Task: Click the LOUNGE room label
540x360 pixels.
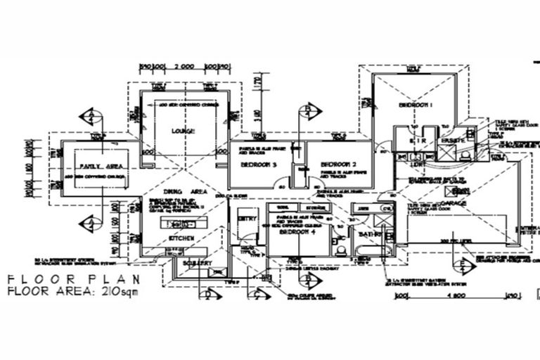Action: [x=184, y=131]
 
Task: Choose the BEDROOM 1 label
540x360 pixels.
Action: [x=416, y=105]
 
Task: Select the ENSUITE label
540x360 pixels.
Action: [x=454, y=141]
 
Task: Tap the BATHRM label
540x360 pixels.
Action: [x=368, y=233]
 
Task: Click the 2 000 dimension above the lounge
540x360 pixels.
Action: [x=184, y=66]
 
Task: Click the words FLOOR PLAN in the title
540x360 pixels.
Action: [x=56, y=279]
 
